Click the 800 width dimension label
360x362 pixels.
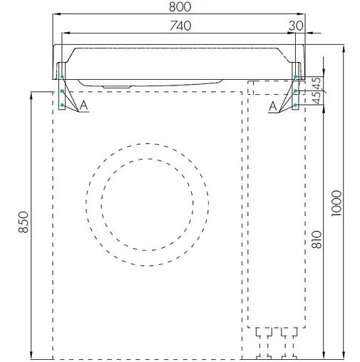[180, 8]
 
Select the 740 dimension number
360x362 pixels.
[180, 26]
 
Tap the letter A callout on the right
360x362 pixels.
[274, 105]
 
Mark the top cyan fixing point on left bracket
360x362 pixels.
[63, 77]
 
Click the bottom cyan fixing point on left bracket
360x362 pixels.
[63, 105]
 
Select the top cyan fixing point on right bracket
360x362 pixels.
[296, 77]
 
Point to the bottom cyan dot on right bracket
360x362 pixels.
[296, 105]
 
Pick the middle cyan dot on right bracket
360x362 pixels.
[296, 91]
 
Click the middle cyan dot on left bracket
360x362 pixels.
[63, 91]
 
